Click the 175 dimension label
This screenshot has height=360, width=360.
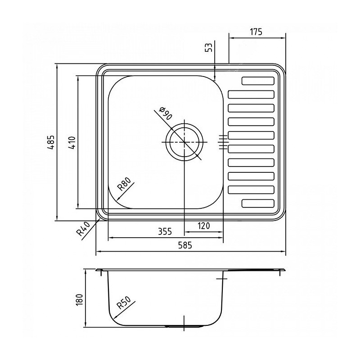(x=256, y=32)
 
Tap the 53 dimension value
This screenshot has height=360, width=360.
(x=209, y=48)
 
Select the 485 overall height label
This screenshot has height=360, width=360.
(x=51, y=142)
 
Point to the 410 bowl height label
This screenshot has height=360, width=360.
(x=72, y=143)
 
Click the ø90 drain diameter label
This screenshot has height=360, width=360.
(x=165, y=113)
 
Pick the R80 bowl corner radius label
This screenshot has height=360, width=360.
(x=124, y=184)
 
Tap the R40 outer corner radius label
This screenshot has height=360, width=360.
(x=83, y=229)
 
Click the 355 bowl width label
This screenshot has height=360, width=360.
(x=165, y=231)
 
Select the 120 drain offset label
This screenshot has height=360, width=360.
(x=204, y=226)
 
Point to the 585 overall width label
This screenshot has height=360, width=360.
(x=185, y=245)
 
